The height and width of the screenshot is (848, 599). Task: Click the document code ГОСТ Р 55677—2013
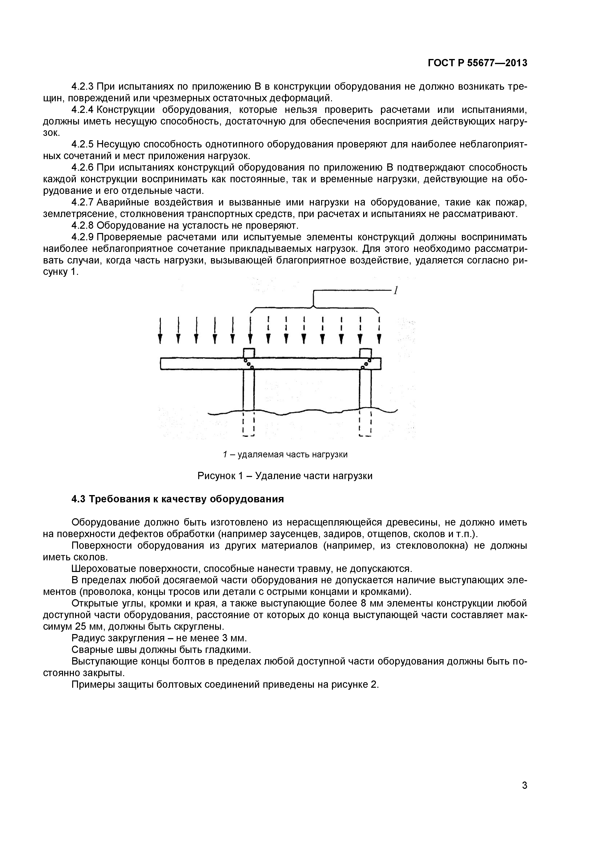point(477,63)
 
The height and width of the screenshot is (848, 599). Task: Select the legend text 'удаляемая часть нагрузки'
point(292,454)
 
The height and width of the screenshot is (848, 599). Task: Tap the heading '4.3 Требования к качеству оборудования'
point(177,499)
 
